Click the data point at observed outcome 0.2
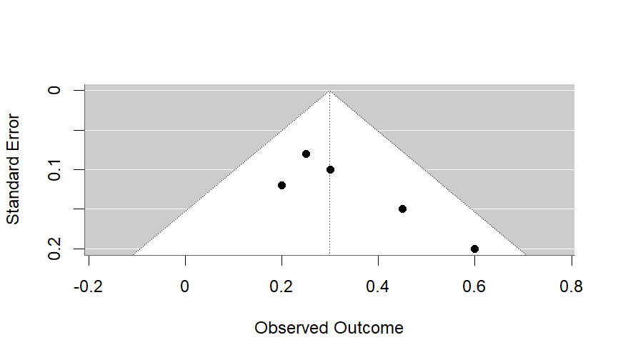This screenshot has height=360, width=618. pyautogui.click(x=281, y=185)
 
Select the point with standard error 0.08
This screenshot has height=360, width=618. pyautogui.click(x=306, y=154)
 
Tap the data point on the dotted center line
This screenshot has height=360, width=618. pyautogui.click(x=330, y=169)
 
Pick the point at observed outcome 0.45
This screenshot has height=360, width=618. pyautogui.click(x=402, y=209)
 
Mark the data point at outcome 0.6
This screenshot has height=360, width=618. pyautogui.click(x=474, y=249)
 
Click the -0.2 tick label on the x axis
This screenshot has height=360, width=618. pyautogui.click(x=89, y=286)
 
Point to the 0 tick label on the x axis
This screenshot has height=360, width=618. pyautogui.click(x=185, y=286)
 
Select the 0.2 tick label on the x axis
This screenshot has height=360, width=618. pyautogui.click(x=281, y=286)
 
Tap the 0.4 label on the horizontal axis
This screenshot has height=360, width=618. pyautogui.click(x=378, y=286)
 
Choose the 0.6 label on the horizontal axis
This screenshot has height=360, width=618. pyautogui.click(x=474, y=286)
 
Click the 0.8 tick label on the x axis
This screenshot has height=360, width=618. pyautogui.click(x=571, y=286)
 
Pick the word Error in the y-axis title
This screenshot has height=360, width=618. pyautogui.click(x=14, y=131)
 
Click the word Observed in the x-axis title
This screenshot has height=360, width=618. pyautogui.click(x=291, y=329)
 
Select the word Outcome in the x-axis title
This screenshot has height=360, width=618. pyautogui.click(x=368, y=329)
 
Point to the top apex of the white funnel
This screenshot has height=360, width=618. pyautogui.click(x=329, y=91)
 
